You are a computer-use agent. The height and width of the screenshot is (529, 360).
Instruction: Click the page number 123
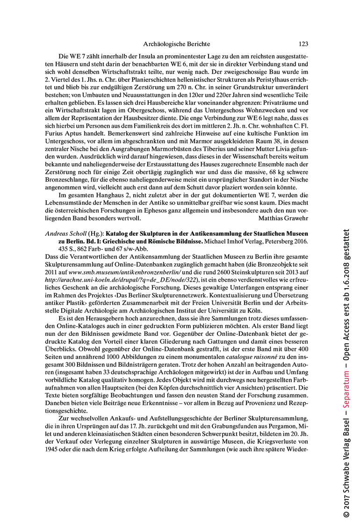pyautogui.click(x=303, y=44)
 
